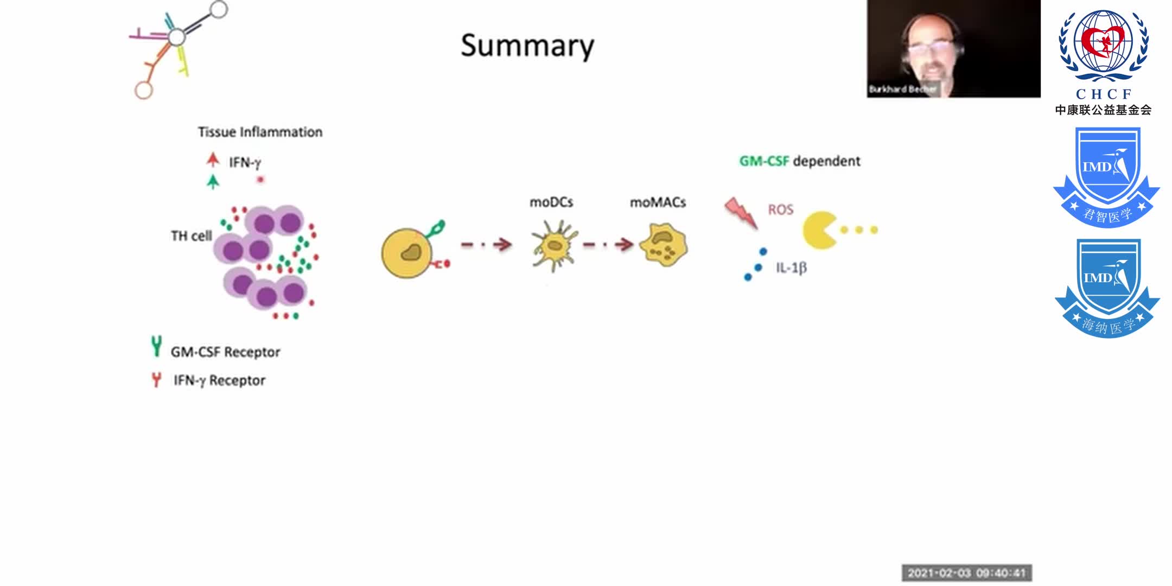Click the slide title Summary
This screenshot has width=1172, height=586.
click(x=527, y=46)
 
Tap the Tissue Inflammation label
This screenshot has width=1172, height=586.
click(x=260, y=132)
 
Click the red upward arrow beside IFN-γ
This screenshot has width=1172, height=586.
click(x=213, y=160)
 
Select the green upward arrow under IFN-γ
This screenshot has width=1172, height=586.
click(x=213, y=181)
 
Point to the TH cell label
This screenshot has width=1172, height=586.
click(x=191, y=236)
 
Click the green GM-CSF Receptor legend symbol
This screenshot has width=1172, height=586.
click(x=156, y=346)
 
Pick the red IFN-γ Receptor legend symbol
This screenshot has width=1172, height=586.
click(x=156, y=380)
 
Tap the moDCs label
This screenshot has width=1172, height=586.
click(x=551, y=202)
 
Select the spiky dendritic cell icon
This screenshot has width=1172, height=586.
click(x=553, y=245)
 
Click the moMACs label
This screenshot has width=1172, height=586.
click(x=658, y=202)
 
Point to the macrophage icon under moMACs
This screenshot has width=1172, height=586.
click(x=663, y=245)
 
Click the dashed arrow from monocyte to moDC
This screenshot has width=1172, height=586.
click(x=486, y=245)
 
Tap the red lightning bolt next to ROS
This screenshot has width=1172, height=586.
click(x=741, y=212)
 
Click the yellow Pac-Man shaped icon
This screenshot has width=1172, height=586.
click(x=819, y=230)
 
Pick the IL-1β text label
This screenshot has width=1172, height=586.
click(x=791, y=267)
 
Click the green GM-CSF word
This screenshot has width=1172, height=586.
click(x=763, y=161)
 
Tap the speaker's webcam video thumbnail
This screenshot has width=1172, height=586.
click(x=953, y=49)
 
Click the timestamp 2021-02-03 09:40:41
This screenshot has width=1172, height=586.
click(x=966, y=573)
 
